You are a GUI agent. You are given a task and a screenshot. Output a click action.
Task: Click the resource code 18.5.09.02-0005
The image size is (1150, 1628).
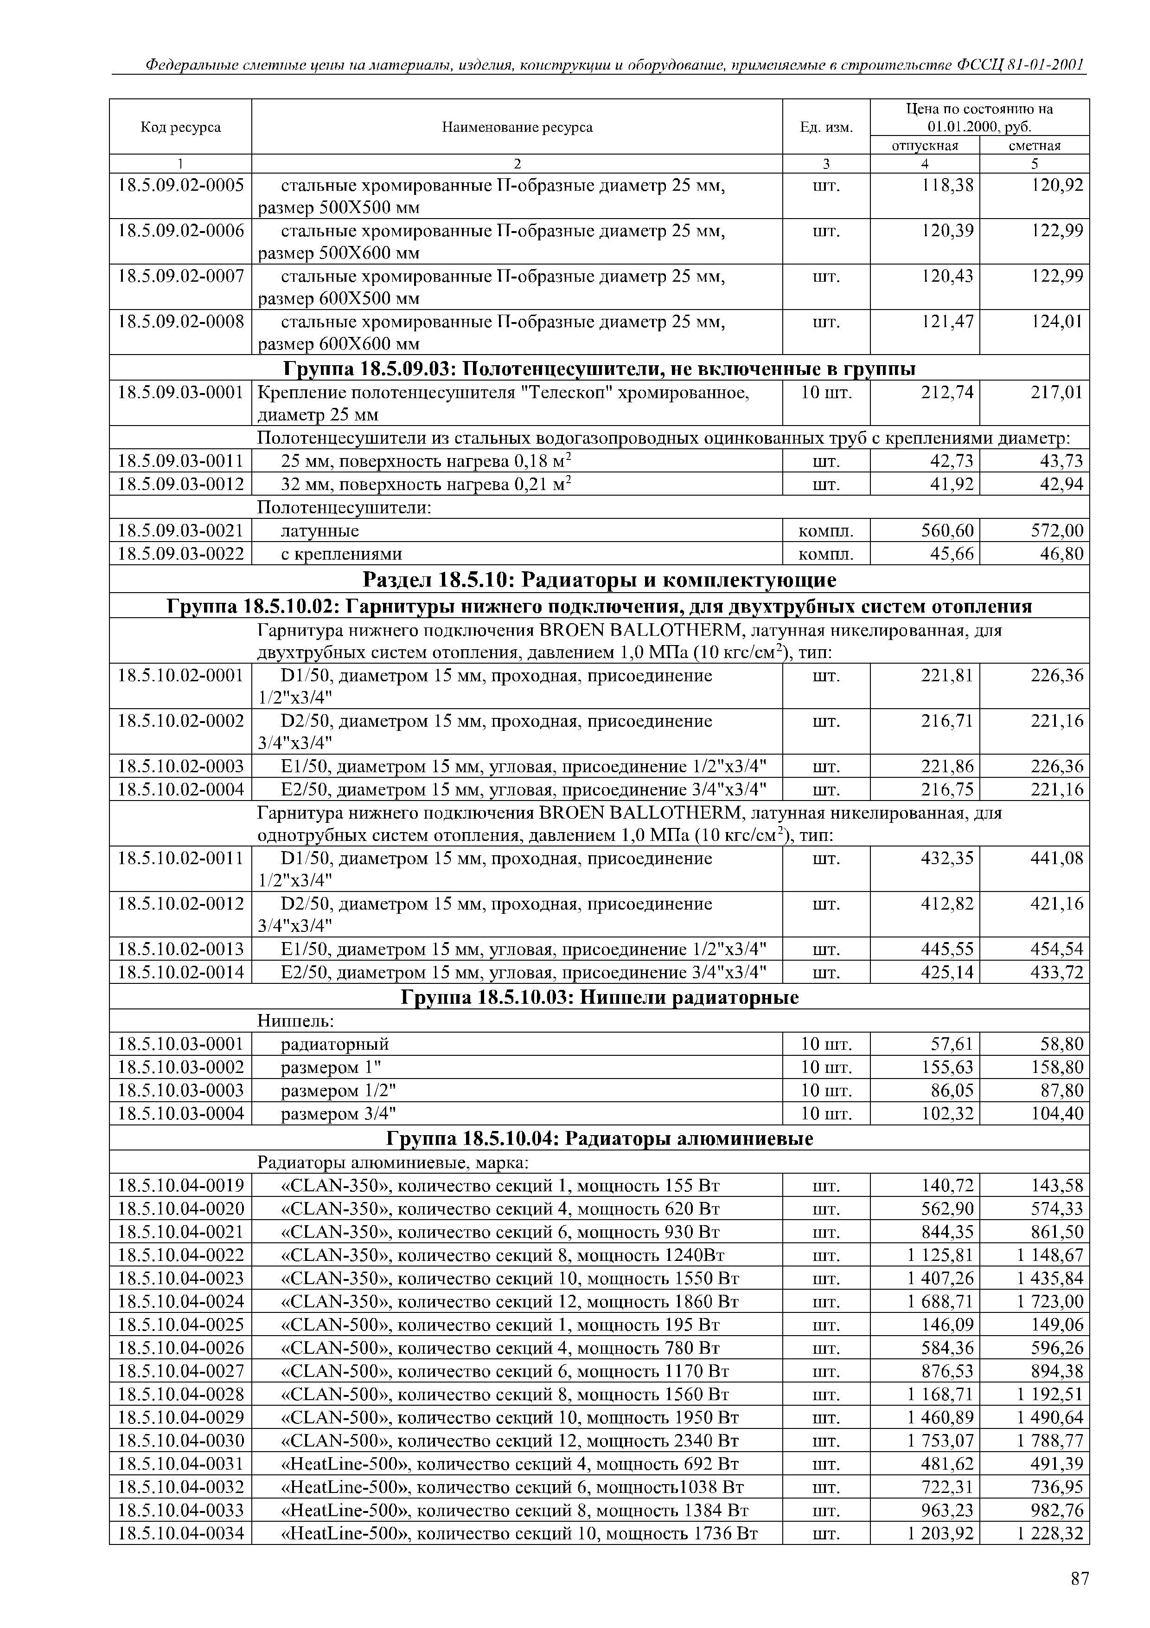click(x=181, y=186)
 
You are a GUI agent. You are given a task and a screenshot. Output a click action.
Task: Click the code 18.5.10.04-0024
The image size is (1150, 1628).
click(x=181, y=1302)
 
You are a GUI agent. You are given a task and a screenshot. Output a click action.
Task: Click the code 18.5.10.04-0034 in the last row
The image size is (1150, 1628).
click(x=181, y=1534)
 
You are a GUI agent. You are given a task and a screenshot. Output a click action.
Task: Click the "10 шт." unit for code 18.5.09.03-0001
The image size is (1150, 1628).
click(x=825, y=392)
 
